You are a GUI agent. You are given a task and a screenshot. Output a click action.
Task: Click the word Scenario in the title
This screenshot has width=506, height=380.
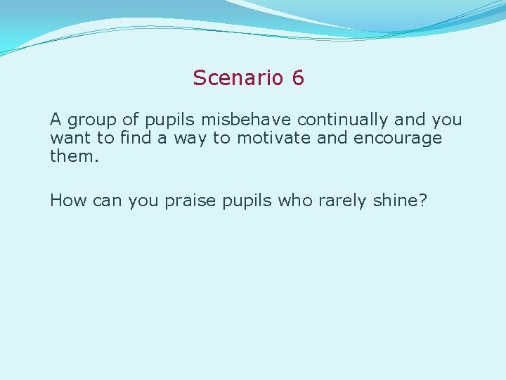pos(238,77)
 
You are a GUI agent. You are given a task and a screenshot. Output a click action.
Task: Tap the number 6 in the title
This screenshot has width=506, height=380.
pos(298,77)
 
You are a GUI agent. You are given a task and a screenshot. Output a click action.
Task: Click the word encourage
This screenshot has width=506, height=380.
pos(398,139)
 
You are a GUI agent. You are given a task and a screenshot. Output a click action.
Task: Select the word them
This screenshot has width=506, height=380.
pos(74,156)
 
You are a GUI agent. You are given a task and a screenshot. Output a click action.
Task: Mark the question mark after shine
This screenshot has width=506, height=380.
pos(423,201)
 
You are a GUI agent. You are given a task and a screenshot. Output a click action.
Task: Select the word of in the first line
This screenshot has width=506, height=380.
pos(131,120)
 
